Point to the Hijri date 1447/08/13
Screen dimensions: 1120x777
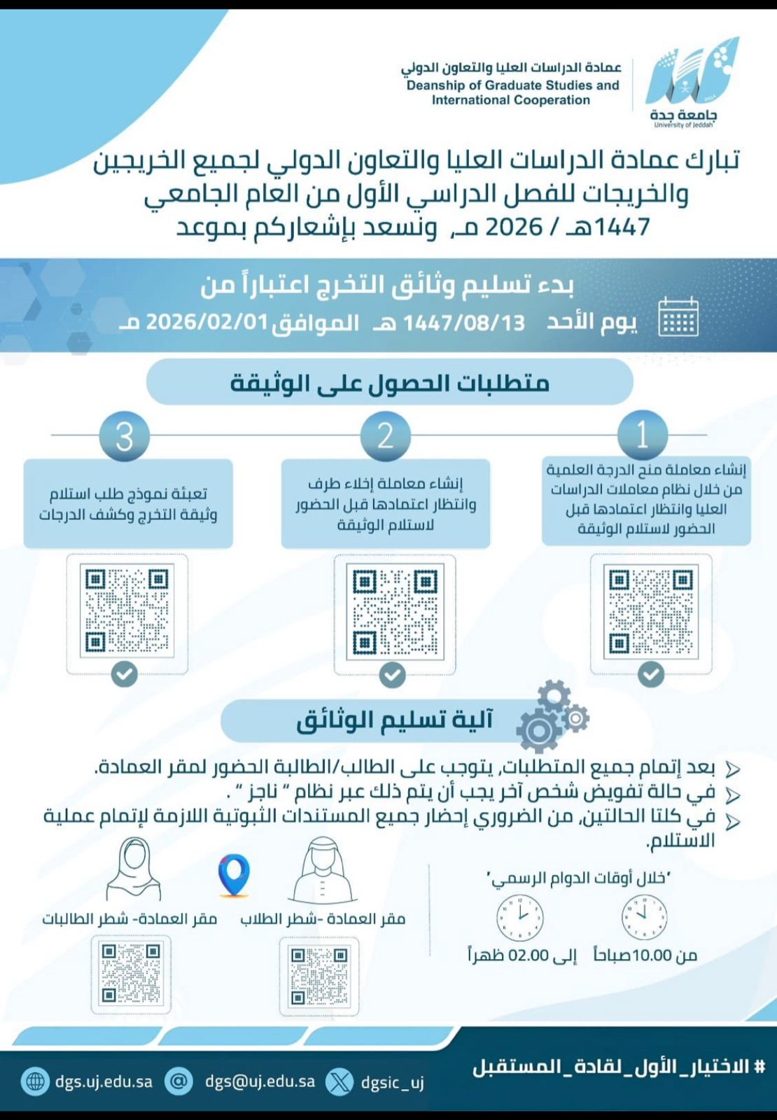(463, 323)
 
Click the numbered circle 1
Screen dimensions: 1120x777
(642, 435)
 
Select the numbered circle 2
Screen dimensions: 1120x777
(385, 435)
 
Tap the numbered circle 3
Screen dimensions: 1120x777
(124, 436)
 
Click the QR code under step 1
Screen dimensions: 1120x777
(651, 612)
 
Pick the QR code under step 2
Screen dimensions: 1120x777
(395, 612)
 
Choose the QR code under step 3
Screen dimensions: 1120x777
(127, 610)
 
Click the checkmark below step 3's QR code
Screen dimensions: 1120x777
(125, 675)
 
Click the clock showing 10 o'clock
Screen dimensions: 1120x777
(644, 917)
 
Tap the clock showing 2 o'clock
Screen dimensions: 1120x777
(519, 918)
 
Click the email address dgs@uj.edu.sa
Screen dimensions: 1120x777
(260, 1081)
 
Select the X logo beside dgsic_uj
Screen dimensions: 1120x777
(340, 1082)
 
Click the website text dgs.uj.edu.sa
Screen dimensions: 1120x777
(104, 1081)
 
